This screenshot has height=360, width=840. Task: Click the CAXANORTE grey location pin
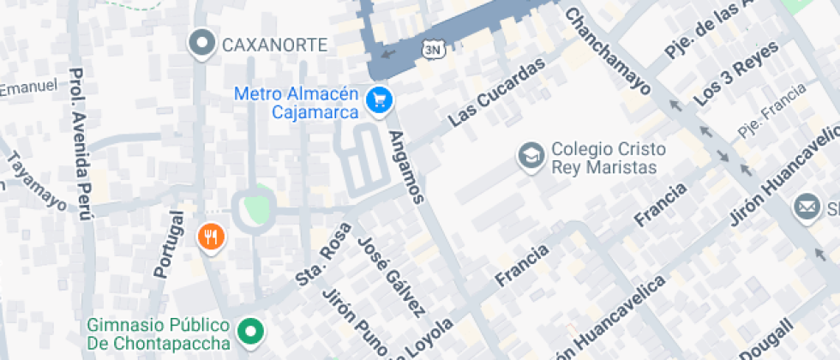point(202,43)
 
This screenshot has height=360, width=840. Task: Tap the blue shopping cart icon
point(378,101)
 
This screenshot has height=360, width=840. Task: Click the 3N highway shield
point(434,50)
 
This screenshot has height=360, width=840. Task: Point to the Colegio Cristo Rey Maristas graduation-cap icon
point(531,157)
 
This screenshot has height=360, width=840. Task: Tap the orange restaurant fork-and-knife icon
point(210,237)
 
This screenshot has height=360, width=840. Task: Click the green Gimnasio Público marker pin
point(250,331)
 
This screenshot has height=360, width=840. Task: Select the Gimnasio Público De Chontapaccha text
point(159,334)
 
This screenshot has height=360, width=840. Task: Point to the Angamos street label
point(406,166)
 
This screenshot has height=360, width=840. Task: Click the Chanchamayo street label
point(608,50)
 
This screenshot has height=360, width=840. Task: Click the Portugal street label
point(168,243)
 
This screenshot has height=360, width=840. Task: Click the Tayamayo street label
point(36,181)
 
